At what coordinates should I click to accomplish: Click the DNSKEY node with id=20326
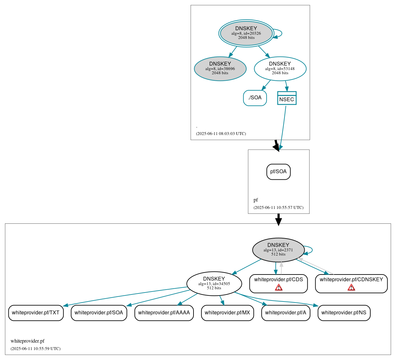246,33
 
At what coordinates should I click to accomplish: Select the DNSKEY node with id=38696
220,68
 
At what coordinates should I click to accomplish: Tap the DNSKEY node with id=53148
280,68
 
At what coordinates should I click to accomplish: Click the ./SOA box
255,98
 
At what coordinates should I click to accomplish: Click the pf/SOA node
278,172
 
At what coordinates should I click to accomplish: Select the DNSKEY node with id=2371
278,250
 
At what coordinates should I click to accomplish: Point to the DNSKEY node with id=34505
214,283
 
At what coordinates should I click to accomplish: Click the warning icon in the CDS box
279,287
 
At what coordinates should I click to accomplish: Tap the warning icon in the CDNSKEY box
351,287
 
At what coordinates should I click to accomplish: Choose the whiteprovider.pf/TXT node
36,313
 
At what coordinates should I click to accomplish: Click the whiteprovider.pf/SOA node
99,313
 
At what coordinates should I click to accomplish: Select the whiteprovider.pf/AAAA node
164,313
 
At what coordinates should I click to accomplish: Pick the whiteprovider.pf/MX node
227,313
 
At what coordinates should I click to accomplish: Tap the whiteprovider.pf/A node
286,313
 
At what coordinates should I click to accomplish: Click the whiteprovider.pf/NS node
344,313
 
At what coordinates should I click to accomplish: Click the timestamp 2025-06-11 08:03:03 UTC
221,134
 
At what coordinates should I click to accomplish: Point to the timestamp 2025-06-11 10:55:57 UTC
278,208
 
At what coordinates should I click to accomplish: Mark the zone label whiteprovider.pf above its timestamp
28,341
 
